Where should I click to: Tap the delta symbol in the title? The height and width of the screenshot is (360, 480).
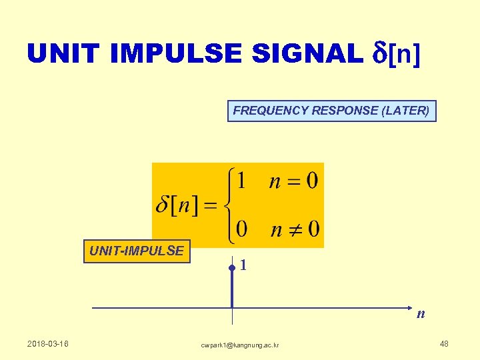click(x=378, y=53)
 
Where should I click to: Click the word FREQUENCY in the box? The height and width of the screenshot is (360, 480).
click(x=271, y=111)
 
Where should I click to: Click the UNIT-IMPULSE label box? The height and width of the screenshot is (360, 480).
click(x=137, y=251)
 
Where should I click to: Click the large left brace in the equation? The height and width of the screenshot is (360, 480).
click(x=228, y=205)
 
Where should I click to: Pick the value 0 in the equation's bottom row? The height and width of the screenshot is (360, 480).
click(x=241, y=229)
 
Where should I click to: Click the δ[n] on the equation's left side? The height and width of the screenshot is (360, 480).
click(x=176, y=205)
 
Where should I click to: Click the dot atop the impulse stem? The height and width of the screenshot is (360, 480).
click(x=231, y=268)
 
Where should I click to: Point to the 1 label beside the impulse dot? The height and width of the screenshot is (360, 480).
click(x=244, y=265)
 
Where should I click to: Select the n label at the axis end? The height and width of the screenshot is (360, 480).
click(x=421, y=314)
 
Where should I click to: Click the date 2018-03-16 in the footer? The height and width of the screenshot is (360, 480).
click(x=48, y=344)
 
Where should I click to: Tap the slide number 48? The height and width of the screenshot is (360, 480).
click(x=444, y=344)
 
